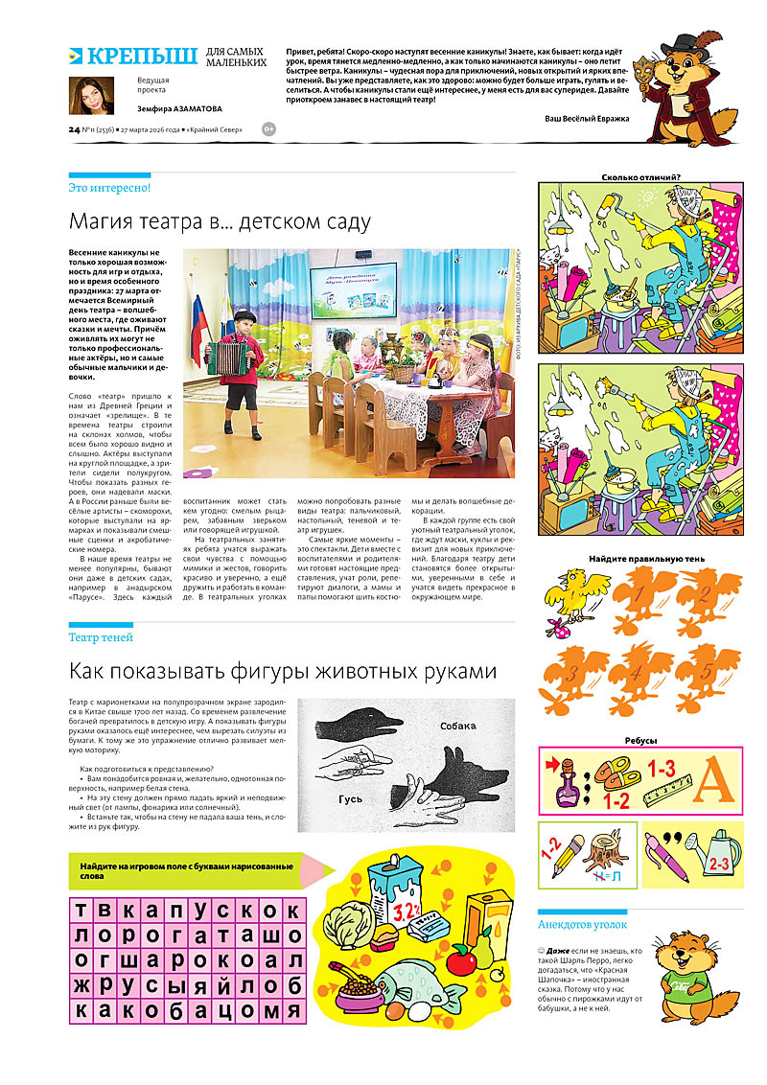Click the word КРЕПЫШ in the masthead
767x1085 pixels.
pos(141,55)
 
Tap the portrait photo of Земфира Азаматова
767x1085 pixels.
pos(90,95)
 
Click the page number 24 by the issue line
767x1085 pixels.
pos(74,129)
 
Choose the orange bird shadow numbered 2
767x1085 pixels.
pos(705,603)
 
